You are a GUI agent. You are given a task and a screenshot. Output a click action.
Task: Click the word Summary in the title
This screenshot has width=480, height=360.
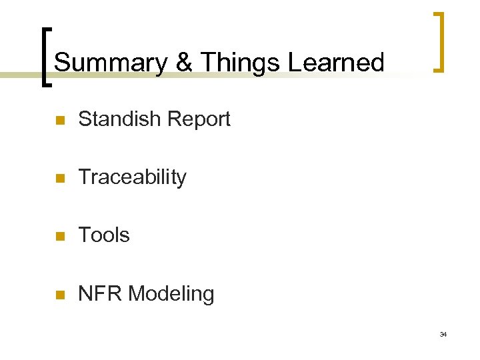pos(111,63)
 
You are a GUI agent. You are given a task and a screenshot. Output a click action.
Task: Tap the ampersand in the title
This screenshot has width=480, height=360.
pos(185,63)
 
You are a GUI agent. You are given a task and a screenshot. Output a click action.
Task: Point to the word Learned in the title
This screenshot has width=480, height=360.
pos(336,63)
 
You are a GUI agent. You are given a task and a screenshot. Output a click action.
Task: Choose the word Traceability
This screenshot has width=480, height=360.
pos(132,177)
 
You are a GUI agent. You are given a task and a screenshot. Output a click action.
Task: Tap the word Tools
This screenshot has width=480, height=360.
pos(104,235)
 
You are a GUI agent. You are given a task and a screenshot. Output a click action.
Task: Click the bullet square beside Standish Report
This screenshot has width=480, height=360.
pos(59,121)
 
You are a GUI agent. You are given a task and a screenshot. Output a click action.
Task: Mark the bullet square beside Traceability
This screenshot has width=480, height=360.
pos(59,179)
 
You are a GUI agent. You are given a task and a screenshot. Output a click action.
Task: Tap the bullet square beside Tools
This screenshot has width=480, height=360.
pos(59,237)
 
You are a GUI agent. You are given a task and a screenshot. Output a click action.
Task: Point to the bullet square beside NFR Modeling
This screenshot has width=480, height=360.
pos(59,295)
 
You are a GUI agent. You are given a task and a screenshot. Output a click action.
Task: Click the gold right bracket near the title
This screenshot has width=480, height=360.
pos(439,41)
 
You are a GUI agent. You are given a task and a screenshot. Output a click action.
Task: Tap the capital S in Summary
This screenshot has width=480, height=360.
pos(61,63)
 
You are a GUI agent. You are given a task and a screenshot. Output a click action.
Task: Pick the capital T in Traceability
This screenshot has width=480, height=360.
pos(84,177)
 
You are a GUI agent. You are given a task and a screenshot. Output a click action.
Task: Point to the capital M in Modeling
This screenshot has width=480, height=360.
pos(137,293)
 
